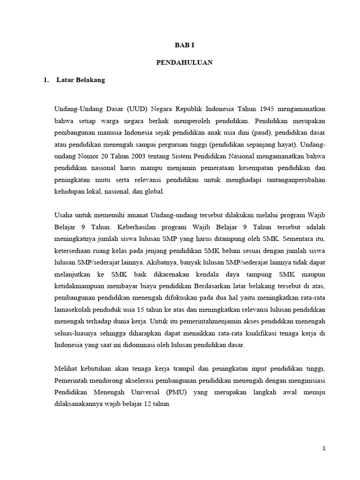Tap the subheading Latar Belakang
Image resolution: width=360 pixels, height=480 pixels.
[80, 80]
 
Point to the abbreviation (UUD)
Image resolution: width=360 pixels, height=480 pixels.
[135, 109]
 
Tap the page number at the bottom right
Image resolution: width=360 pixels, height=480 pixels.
[323, 448]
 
